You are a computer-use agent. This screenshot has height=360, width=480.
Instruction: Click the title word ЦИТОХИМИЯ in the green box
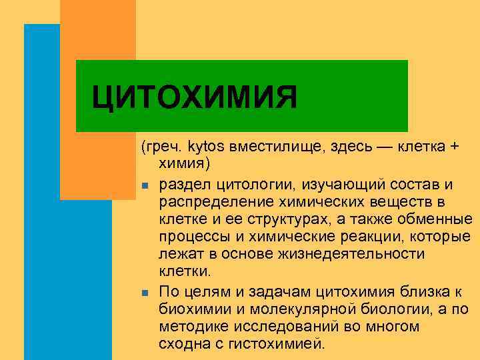(x=194, y=98)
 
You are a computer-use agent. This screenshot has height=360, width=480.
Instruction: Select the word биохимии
(x=189, y=309)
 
